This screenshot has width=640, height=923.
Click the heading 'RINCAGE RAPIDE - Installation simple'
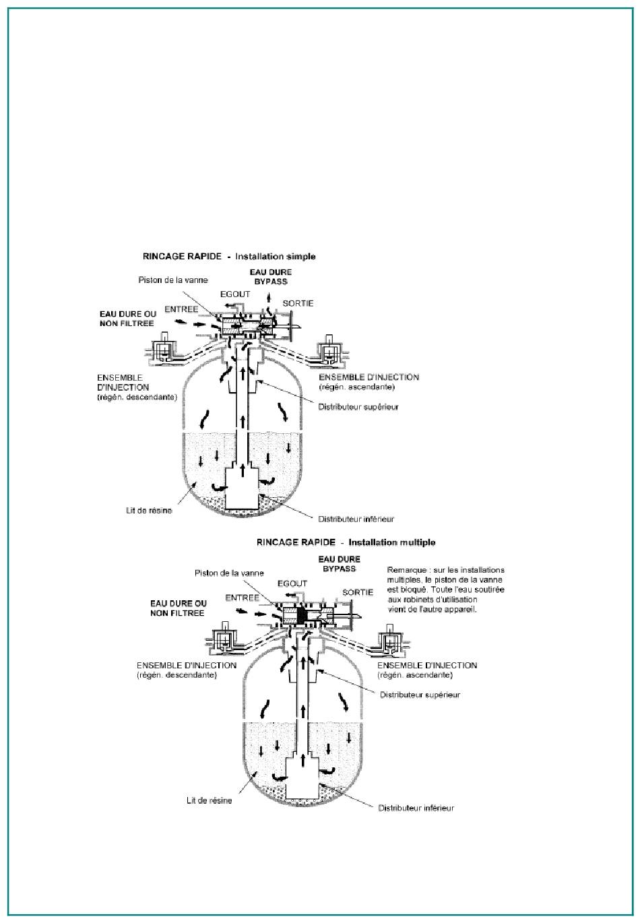click(x=229, y=257)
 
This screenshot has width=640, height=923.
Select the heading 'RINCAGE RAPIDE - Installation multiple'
click(x=346, y=542)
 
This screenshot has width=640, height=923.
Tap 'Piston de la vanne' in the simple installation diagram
click(x=172, y=280)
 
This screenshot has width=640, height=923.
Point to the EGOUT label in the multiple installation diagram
click(x=292, y=583)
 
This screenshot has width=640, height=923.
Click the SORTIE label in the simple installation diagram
click(x=298, y=304)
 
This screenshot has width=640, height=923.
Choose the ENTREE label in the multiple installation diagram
click(x=242, y=597)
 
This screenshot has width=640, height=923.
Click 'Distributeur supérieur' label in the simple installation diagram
click(x=360, y=407)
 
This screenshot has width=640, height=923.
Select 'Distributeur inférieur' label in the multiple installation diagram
click(x=416, y=808)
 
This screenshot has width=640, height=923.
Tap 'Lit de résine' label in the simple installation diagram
click(x=148, y=510)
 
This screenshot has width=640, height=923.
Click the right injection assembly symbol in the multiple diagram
click(x=391, y=638)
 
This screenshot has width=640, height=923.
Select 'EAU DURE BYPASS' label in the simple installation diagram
click(x=270, y=276)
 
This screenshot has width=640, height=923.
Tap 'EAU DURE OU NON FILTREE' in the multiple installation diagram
click(x=179, y=608)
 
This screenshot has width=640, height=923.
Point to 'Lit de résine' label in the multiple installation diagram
click(x=210, y=800)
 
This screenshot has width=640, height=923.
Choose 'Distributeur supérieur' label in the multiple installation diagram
click(x=420, y=695)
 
